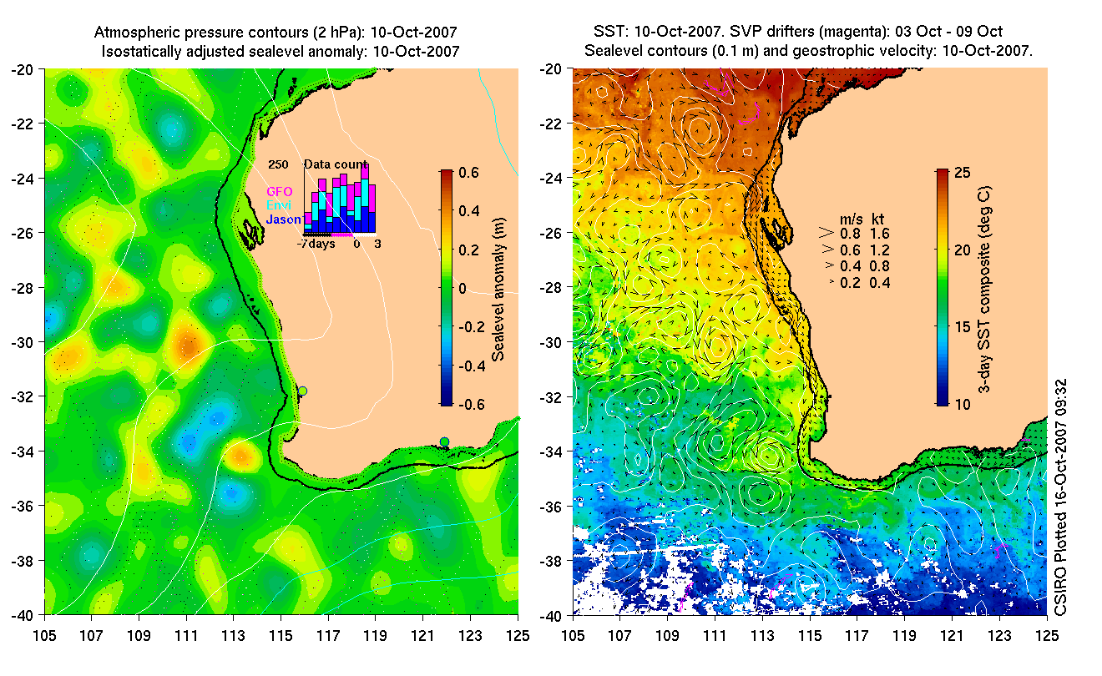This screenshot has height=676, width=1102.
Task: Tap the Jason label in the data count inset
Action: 284,219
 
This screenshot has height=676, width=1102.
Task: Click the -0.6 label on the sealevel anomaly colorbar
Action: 468,405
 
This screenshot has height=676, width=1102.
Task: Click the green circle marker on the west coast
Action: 303,391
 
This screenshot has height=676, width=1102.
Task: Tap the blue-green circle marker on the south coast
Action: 444,441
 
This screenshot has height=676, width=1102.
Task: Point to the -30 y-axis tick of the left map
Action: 25,343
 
